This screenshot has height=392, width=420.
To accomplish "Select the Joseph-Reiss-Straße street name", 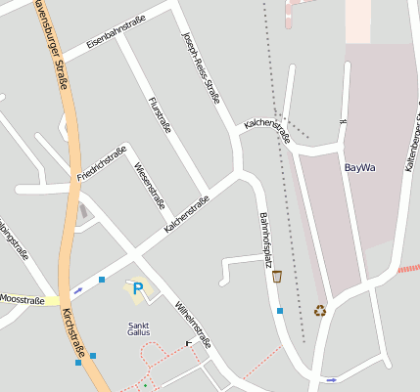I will [201, 66].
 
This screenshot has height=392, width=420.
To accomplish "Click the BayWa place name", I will [360, 167].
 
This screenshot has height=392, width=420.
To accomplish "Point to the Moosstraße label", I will [22, 300].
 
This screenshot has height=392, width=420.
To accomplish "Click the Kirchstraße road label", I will [73, 331].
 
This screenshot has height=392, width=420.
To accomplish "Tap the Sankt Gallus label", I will [139, 329].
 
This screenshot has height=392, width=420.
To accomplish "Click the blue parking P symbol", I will [138, 288].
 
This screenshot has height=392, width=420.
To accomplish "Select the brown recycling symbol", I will [320, 311].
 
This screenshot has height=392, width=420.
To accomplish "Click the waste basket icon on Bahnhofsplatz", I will [277, 276].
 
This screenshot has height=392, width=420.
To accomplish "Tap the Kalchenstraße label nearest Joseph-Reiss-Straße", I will [267, 130].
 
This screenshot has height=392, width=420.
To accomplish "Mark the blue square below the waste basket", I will [280, 311].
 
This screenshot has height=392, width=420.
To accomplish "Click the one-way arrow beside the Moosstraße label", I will [77, 290].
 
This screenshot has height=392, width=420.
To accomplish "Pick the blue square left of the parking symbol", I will [102, 281].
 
